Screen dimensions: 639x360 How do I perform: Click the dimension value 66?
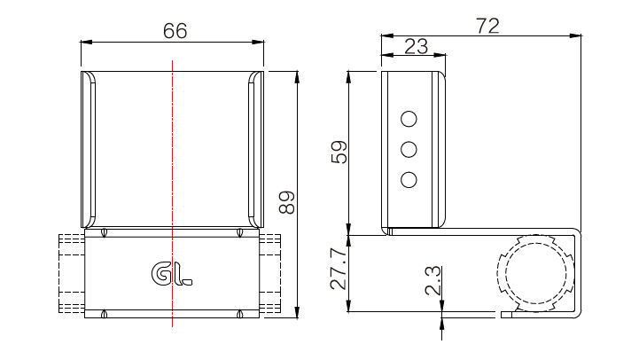click(x=175, y=31)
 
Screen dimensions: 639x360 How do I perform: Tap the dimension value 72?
click(x=487, y=27)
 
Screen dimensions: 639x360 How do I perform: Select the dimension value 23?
click(x=416, y=46)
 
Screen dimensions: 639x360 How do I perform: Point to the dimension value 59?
click(x=339, y=153)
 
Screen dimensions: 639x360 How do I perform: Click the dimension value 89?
click(x=287, y=202)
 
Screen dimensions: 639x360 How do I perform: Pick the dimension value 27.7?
click(x=339, y=269)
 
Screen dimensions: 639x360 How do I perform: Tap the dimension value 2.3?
click(x=432, y=280)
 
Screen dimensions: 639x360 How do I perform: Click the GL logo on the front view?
click(x=172, y=274)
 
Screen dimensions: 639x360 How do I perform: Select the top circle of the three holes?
click(x=409, y=119)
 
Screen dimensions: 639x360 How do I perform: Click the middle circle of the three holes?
click(x=409, y=149)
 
